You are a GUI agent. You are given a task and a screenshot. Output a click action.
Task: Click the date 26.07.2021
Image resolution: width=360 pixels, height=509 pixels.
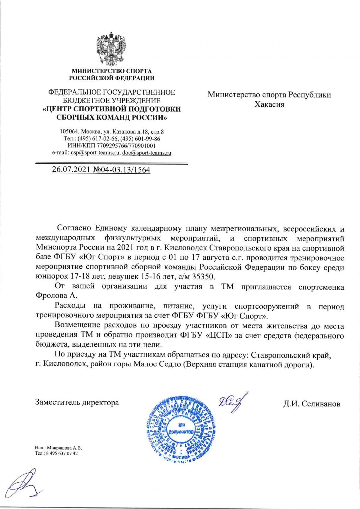[69, 170]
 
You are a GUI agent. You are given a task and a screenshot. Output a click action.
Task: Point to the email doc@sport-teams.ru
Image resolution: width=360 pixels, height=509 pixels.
[147, 153]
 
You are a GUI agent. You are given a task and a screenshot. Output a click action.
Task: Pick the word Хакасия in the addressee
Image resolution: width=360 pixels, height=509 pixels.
[269, 104]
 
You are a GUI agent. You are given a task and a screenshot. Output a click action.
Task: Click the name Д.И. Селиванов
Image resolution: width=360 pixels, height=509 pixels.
[312, 404]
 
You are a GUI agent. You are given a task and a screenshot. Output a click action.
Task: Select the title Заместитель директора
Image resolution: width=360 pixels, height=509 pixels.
[77, 402]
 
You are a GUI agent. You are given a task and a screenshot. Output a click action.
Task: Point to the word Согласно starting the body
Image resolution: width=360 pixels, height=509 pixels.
[74, 229]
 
